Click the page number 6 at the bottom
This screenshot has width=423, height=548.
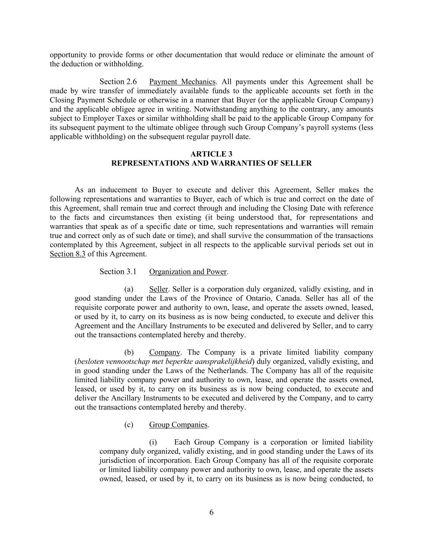[x=211, y=512]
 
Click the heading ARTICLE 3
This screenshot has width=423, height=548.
[x=211, y=154]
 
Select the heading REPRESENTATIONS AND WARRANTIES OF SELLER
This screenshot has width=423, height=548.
[x=211, y=163]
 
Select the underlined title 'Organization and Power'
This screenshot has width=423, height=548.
[x=188, y=271]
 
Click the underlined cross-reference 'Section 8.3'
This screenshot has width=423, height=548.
[x=67, y=254]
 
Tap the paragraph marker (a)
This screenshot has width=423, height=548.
[x=129, y=289]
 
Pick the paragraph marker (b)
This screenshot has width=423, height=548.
[x=129, y=352]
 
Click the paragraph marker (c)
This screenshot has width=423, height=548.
[x=129, y=424]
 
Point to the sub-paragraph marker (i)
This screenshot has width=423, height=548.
[x=153, y=442]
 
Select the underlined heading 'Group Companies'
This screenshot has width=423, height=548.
[x=178, y=424]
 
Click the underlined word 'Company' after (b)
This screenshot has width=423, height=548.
[x=164, y=352]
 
